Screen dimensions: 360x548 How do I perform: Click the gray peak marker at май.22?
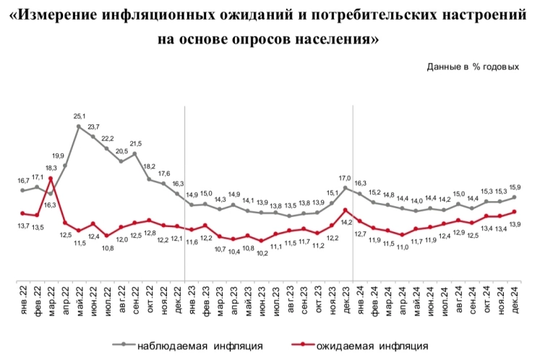coord(79,126)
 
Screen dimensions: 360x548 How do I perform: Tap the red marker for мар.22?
coord(51,179)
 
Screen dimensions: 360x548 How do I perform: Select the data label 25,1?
coord(79,116)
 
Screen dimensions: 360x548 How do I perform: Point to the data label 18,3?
coord(51,168)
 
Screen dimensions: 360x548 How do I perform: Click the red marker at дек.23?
coord(346,210)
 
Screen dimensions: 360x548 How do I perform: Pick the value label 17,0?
coord(346,178)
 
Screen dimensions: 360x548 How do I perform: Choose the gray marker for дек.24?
coord(514,197)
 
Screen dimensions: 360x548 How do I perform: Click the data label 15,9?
coord(515,187)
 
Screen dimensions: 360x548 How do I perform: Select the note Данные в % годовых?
coord(473,67)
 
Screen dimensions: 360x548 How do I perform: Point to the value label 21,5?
coord(135,143)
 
